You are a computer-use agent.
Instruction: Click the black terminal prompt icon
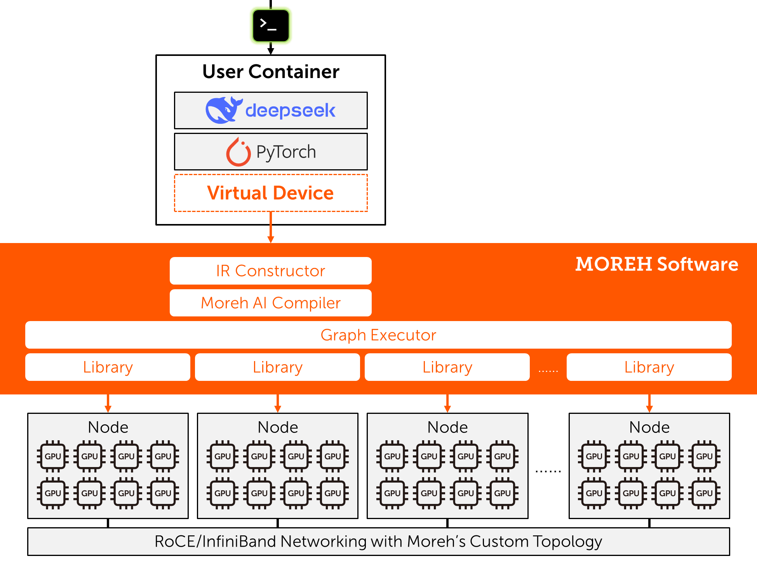[x=271, y=26]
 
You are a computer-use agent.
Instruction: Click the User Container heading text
[x=271, y=72]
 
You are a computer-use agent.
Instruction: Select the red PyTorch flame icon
[x=238, y=152]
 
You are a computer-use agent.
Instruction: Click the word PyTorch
[x=286, y=152]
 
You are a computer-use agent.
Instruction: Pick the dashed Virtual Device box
[x=271, y=193]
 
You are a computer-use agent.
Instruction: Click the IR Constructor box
[x=271, y=271]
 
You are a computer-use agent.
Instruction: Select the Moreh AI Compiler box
[x=271, y=303]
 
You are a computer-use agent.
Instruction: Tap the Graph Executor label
[x=378, y=335]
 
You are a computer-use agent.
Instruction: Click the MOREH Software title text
[x=656, y=264]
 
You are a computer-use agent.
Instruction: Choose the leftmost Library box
[x=108, y=367]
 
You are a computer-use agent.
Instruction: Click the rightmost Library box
[x=649, y=367]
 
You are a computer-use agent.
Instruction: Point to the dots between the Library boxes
[x=548, y=371]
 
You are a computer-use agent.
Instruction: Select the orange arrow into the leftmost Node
[x=108, y=404]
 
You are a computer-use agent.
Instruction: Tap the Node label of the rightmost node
[x=649, y=427]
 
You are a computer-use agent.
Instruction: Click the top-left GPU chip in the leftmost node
[x=53, y=456]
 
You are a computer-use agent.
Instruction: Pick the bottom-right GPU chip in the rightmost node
[x=704, y=493]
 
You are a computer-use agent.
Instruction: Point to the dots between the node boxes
[x=548, y=471]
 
